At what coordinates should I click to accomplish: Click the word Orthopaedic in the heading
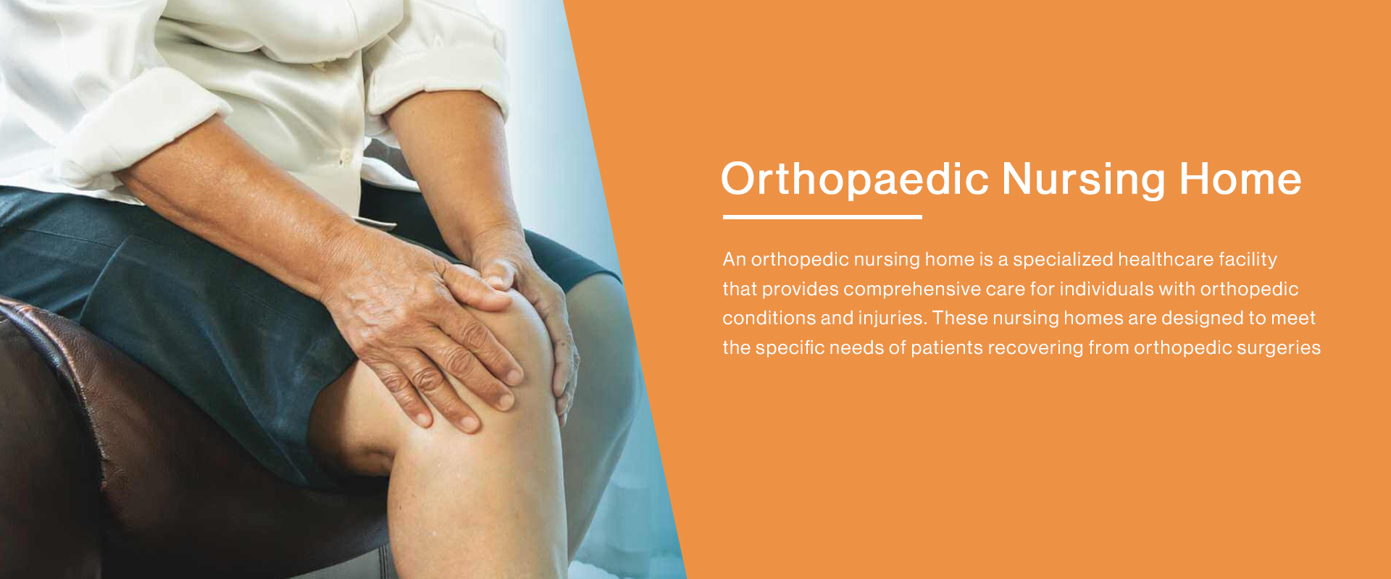point(855,179)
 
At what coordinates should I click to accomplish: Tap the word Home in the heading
point(1240,179)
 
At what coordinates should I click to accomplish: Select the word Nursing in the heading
point(1084,179)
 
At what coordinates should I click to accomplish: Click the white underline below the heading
point(822,216)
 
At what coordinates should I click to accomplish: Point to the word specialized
point(1063,259)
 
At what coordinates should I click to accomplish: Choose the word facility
point(1248,259)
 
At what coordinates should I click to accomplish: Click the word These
point(960,318)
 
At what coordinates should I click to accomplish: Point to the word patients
point(946,347)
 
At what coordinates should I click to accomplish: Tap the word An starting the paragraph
point(734,259)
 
